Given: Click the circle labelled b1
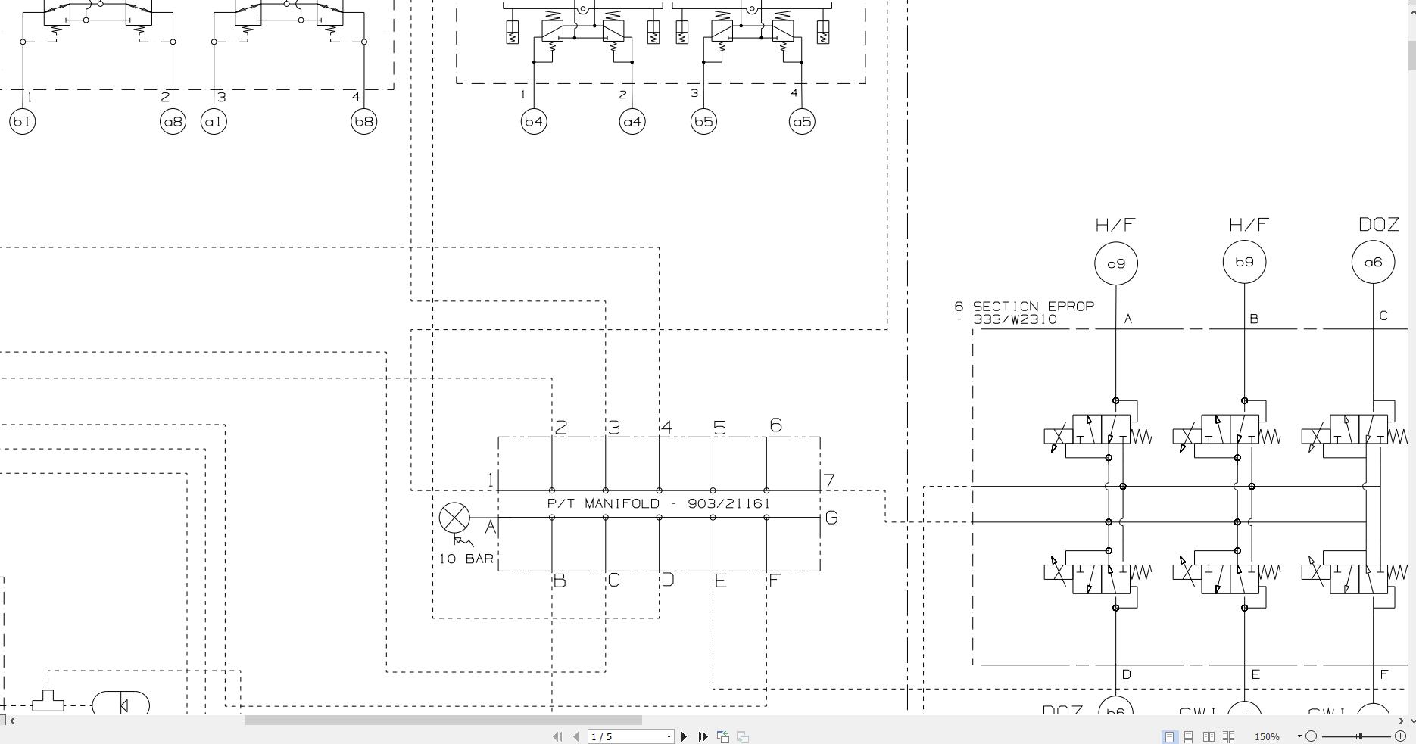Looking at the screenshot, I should pos(23,121).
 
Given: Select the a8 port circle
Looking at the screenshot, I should pos(173,121).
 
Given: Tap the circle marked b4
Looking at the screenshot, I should pos(534,121).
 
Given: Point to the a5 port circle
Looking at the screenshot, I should pos(802,121).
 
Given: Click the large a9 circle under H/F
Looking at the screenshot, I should pos(1116,263).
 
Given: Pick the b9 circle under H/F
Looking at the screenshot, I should pos(1244,262).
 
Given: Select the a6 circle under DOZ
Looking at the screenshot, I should pos(1373,262).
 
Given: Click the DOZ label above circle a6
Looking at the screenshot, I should pos(1378,225).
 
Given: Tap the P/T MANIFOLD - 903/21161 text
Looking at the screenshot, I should pos(658,503).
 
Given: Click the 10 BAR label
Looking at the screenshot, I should pos(466,559).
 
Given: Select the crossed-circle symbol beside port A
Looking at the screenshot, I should pos(454,518).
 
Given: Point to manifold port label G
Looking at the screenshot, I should pos(831,518).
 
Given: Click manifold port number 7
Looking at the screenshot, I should pos(830,481).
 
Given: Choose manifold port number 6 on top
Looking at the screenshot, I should pos(775,425).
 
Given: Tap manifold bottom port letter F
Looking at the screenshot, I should pos(774,581).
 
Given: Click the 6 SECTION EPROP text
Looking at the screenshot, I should pos(1025,307).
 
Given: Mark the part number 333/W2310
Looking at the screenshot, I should pos(1015,319).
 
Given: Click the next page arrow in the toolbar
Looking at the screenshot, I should pos(685,736).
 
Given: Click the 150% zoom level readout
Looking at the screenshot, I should pos(1267,736).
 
